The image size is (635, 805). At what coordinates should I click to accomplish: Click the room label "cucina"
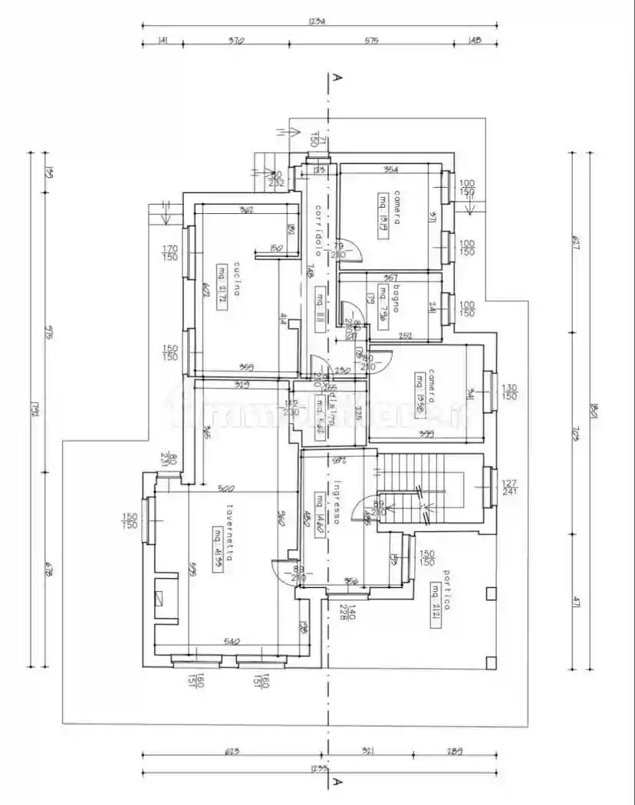pyautogui.click(x=238, y=278)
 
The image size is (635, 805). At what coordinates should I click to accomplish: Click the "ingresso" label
pyautogui.click(x=337, y=502)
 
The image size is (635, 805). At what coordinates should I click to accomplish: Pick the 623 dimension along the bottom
pyautogui.click(x=232, y=751)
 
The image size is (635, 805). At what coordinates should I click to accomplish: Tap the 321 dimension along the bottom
pyautogui.click(x=370, y=751)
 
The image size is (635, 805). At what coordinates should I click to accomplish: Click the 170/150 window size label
pyautogui.click(x=170, y=252)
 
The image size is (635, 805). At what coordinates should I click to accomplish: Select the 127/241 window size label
pyautogui.click(x=509, y=488)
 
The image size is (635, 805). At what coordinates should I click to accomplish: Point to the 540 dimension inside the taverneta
pyautogui.click(x=232, y=641)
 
